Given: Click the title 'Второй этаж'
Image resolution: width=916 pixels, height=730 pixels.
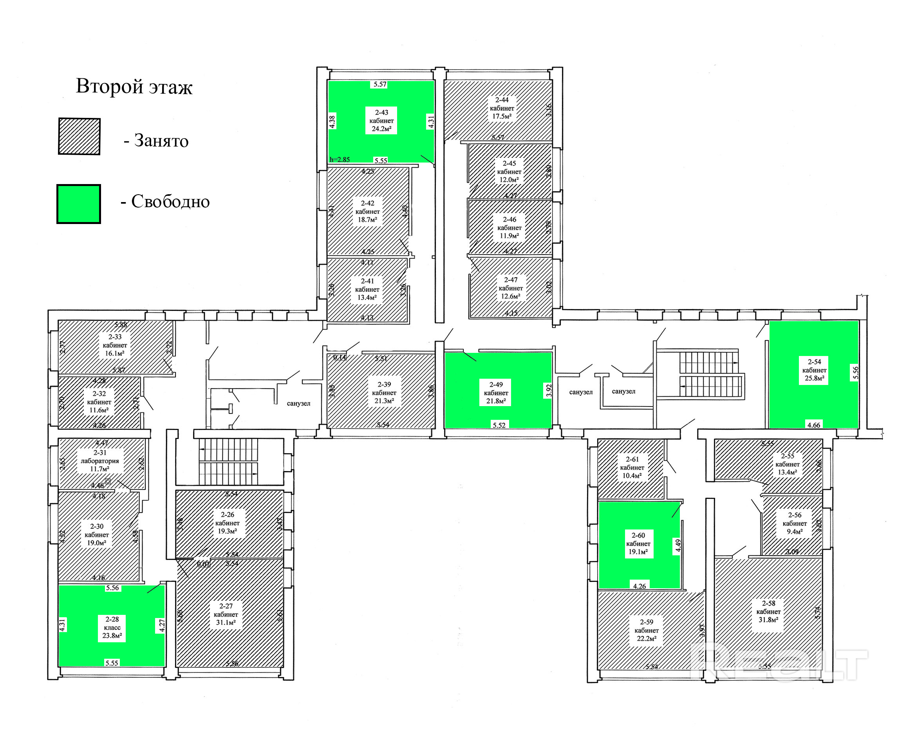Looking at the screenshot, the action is [134, 87].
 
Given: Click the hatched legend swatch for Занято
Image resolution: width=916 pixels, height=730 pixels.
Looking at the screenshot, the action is [79, 136].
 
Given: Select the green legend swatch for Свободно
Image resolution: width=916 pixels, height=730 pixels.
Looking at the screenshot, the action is [79, 204].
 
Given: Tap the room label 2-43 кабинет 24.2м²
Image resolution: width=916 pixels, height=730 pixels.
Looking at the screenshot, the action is [381, 121].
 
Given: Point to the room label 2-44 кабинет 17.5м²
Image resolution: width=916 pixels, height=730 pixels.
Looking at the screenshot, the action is [502, 108].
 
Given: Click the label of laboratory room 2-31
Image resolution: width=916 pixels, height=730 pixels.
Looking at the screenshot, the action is [100, 461].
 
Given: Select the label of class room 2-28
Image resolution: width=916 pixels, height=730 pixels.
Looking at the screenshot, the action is [112, 627].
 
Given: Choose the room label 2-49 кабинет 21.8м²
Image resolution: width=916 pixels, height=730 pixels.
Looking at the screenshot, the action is [496, 393].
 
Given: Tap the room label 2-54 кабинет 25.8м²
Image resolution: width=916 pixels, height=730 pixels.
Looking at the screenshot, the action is [814, 370].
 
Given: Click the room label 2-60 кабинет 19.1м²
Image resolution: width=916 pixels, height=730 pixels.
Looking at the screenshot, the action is [638, 544].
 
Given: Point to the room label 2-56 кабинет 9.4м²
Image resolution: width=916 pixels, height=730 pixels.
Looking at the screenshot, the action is [795, 523].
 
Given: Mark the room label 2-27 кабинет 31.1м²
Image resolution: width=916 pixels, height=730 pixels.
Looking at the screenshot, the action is [226, 614].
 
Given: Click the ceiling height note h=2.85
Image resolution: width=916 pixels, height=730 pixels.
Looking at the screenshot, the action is [340, 160].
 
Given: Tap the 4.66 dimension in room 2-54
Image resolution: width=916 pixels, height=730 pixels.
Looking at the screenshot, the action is [814, 425].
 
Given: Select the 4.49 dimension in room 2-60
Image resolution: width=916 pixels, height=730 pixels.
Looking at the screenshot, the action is [678, 546].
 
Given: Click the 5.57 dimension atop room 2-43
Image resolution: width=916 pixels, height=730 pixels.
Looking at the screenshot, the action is [380, 84].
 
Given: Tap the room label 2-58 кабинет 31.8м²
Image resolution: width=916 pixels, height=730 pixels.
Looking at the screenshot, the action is [768, 611].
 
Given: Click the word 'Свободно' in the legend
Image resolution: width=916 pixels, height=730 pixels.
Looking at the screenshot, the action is [170, 201].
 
